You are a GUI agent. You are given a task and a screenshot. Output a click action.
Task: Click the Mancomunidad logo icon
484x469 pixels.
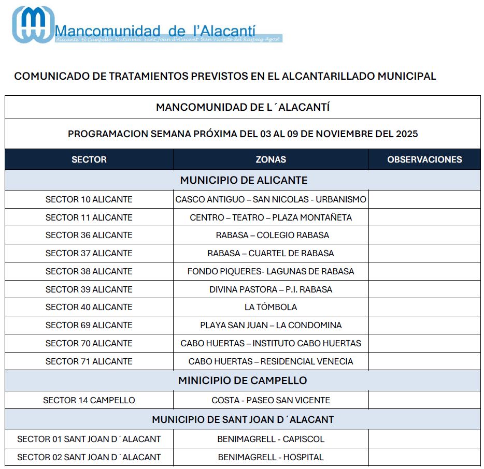pos(33,24)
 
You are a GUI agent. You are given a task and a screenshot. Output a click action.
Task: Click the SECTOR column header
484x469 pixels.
pos(89,159)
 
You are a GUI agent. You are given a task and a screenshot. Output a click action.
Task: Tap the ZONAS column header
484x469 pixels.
pos(271,159)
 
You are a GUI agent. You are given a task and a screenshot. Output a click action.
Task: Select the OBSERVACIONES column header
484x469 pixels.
pos(424,159)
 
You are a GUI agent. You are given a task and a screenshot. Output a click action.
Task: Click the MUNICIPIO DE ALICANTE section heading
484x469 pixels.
pos(244,180)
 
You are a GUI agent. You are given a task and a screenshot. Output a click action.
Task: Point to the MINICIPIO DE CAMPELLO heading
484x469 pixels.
pos(243,380)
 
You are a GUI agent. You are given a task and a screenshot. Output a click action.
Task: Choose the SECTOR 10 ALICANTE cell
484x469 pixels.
pos(89,199)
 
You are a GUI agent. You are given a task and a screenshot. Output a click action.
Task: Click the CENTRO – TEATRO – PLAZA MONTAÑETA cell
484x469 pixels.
pos(271,217)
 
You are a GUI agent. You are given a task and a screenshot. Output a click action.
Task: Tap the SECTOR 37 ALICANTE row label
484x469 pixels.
pos(89,253)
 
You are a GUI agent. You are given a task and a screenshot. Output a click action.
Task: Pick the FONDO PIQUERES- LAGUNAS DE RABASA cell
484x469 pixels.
pos(271,271)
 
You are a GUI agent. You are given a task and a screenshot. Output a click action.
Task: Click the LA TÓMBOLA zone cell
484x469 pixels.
pos(271,307)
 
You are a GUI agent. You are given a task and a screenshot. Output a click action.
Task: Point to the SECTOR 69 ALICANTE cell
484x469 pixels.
pos(89,325)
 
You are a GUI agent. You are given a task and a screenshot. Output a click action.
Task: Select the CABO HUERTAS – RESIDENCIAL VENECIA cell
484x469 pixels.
pos(271,361)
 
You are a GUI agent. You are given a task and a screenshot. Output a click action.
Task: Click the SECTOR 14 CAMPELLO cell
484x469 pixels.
pos(89,400)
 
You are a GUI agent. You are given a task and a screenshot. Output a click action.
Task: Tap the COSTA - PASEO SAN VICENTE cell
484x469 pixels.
pos(271,400)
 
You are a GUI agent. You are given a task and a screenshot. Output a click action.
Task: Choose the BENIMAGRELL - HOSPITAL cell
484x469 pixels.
pos(271,457)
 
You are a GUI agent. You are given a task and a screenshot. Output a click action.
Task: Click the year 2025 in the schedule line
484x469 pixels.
pos(406,134)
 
